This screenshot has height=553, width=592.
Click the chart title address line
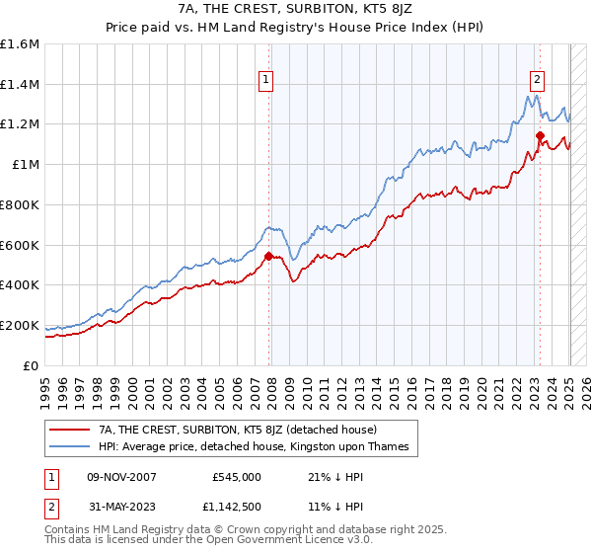(x=296, y=9)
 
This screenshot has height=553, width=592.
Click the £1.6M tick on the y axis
(x=20, y=44)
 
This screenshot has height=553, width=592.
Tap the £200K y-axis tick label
(x=20, y=325)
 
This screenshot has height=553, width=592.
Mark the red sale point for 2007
(x=269, y=256)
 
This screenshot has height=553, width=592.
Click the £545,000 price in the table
(x=237, y=477)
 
